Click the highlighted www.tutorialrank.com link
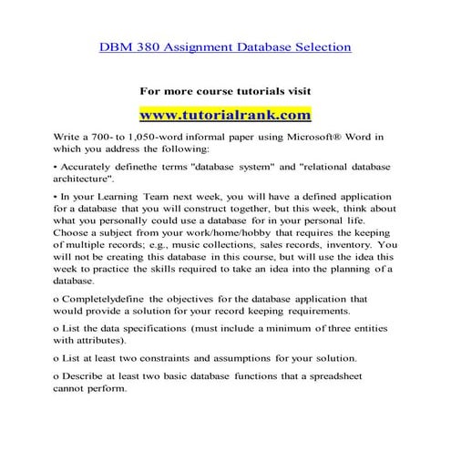tap(224, 116)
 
